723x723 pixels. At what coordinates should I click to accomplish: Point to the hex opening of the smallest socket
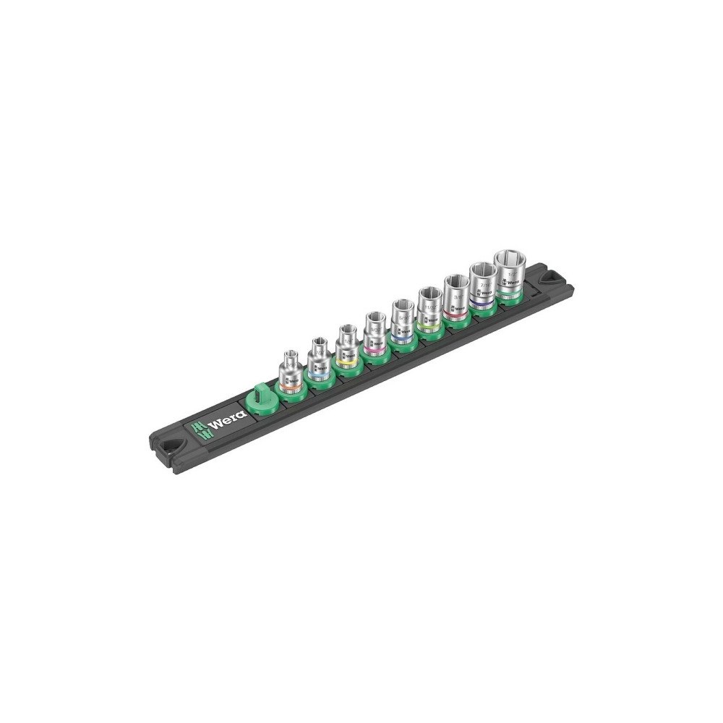click(291, 354)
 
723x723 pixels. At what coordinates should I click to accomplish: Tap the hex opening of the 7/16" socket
click(482, 271)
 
